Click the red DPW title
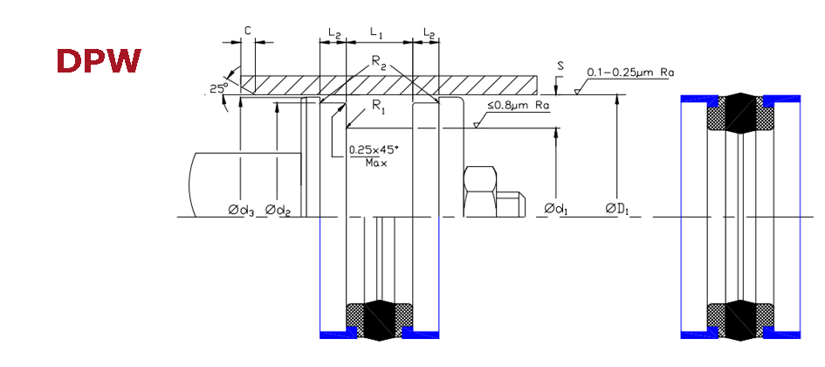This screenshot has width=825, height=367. pos(99,60)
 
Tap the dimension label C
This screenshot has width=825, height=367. pos(247,31)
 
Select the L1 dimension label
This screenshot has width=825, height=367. pos(377,33)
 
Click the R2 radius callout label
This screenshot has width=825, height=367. pos(380,62)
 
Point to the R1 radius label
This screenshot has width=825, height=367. pos(379,106)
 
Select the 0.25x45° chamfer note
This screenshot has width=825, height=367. pos(375,150)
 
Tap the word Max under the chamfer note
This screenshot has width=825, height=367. pos(375,163)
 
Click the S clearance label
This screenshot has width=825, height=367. pos(560,66)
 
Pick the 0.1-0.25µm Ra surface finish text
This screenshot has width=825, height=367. pos(630,73)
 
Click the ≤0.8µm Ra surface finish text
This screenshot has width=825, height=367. pos(519,106)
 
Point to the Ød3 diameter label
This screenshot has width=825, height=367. pos(242,210)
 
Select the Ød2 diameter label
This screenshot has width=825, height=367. pos(278,210)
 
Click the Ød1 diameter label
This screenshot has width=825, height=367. pos(556,210)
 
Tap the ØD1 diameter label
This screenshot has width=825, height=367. pos(618,210)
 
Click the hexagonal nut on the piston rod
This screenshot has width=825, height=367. pos(480,191)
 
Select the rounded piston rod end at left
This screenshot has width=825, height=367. pos(244,185)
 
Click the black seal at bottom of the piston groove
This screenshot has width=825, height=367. pos(380,320)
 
